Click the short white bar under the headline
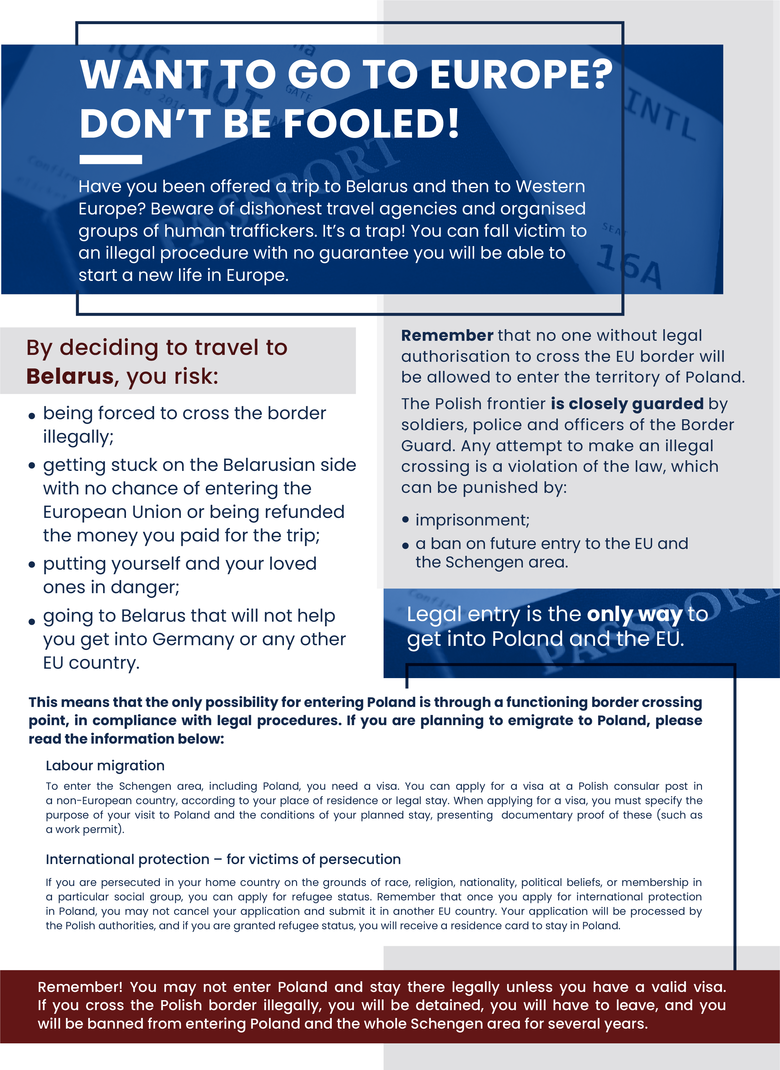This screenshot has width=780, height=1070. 111,160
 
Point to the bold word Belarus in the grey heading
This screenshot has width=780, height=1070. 70,377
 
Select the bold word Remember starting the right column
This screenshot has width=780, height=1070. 447,335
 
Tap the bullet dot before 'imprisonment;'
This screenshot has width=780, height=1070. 405,520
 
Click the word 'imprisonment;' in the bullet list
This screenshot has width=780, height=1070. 472,520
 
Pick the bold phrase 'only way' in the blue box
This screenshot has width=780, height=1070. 634,614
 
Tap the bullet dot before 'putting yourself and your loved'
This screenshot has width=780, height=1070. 32,565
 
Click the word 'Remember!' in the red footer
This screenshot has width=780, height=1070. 80,987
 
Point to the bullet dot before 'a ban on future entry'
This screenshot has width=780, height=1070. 405,546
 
